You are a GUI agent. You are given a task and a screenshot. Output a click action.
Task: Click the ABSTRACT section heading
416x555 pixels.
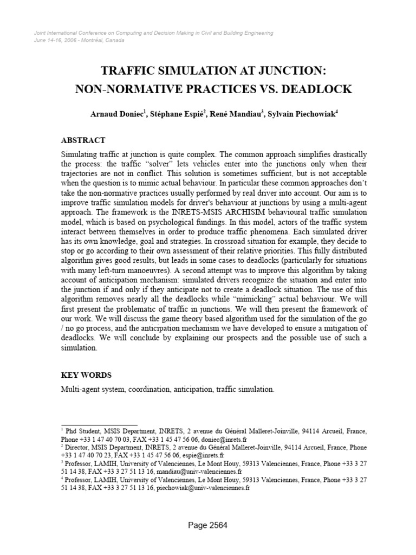tap(83, 140)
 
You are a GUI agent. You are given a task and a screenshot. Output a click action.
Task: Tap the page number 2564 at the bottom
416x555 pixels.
tap(208, 525)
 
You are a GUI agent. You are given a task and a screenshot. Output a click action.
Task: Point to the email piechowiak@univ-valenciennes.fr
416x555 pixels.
tap(203, 488)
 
